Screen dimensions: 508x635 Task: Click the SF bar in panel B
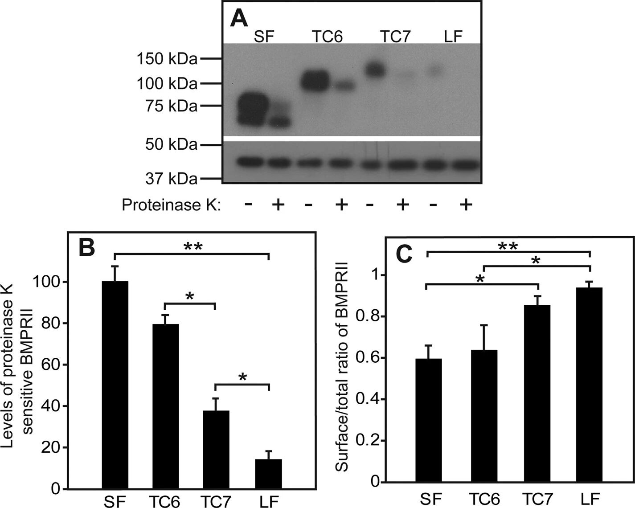click(x=115, y=385)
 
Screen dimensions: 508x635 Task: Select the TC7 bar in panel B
click(x=216, y=450)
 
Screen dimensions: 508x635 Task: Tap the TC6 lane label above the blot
click(x=327, y=37)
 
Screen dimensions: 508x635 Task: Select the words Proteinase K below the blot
click(x=171, y=205)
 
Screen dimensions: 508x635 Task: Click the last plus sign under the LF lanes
click(x=465, y=205)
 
